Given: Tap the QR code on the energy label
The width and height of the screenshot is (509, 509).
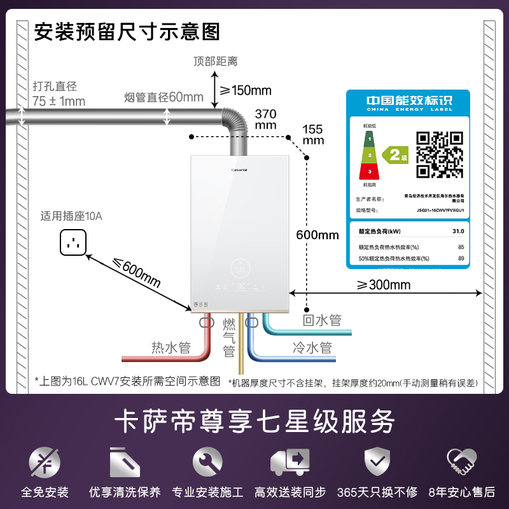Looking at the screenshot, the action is [x=439, y=154].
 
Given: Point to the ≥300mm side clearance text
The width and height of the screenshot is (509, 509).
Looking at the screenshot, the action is [x=384, y=284].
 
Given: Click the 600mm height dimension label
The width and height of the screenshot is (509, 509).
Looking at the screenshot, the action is [x=317, y=235].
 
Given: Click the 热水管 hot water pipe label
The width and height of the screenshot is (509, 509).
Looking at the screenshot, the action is [x=171, y=347].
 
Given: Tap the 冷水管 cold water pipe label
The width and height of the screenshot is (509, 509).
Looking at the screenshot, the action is [x=312, y=347].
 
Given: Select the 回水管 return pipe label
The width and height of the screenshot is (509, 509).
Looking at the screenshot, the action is [x=322, y=319].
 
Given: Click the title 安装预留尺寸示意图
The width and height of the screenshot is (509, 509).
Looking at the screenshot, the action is [x=127, y=31].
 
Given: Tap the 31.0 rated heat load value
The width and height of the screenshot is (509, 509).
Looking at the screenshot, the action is [x=458, y=232].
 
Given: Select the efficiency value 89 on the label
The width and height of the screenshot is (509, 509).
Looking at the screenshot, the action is [x=461, y=258].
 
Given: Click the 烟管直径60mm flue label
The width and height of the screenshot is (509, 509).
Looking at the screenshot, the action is [x=164, y=97].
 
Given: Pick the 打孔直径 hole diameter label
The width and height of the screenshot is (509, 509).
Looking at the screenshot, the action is [x=55, y=86].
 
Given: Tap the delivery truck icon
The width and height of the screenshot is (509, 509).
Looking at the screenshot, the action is [x=289, y=462].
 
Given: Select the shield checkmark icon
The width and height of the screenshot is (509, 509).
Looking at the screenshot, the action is [x=372, y=461].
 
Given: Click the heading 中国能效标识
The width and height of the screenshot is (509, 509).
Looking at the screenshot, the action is [x=408, y=101].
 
